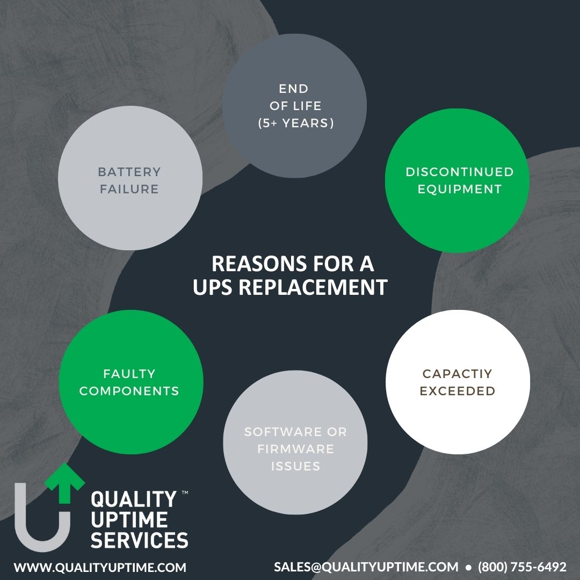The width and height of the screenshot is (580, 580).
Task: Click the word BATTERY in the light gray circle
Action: point(129,172)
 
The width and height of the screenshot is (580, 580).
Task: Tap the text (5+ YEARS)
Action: point(296,123)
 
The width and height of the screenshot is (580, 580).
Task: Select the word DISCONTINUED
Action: point(459,172)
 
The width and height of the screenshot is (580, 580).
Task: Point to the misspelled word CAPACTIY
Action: point(457,374)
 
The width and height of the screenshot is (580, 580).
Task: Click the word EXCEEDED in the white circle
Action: point(457,391)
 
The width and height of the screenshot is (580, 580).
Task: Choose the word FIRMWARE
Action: point(295,449)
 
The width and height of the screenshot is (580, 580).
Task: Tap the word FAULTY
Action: point(129,374)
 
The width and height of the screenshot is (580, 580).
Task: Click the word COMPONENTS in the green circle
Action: point(129,391)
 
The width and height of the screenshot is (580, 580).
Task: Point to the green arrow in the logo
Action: point(65,483)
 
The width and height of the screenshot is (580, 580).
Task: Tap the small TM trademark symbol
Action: point(185,492)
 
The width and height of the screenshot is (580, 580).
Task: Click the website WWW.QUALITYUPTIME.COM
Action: point(100,568)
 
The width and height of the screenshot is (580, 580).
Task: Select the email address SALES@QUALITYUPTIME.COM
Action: point(366,567)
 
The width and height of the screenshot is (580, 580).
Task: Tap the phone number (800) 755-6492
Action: point(523,567)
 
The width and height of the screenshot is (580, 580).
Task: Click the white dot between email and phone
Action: point(468,568)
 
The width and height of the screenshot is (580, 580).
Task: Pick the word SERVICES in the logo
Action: point(140,540)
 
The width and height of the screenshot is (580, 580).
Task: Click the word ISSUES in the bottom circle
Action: point(295,466)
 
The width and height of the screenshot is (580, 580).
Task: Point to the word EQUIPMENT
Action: point(459,189)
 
